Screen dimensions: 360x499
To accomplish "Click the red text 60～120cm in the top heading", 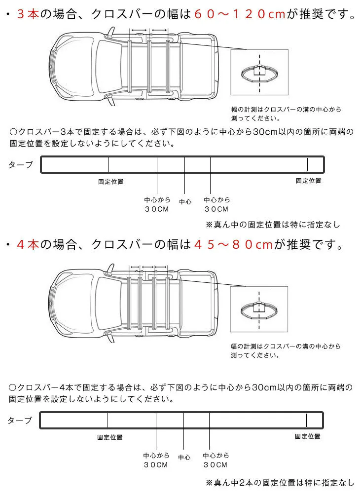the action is (x=240, y=14).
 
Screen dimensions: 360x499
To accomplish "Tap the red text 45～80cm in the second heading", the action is (x=234, y=244).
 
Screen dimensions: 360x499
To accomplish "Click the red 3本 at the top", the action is (x=28, y=14).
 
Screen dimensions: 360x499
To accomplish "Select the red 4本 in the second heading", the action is (x=28, y=244).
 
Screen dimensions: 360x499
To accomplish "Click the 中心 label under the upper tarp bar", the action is (x=185, y=202).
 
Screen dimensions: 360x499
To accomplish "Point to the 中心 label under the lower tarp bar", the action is (x=184, y=458).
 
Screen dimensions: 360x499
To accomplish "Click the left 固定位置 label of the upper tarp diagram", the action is (x=110, y=182).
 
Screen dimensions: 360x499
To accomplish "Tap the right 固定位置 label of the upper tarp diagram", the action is (x=309, y=181).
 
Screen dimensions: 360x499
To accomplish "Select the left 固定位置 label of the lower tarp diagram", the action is (x=109, y=437).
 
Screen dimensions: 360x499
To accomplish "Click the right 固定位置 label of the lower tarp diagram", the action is (x=308, y=436).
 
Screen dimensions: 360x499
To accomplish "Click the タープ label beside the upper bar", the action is (x=21, y=164).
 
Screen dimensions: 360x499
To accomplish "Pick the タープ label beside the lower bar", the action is (x=20, y=421).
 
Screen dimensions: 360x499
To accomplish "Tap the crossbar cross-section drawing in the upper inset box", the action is (x=259, y=73).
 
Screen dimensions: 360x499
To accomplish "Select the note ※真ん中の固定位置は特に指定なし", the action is (x=273, y=225).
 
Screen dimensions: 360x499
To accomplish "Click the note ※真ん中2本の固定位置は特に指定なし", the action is (x=280, y=483).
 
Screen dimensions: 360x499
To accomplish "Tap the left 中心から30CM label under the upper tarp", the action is (x=157, y=204).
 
